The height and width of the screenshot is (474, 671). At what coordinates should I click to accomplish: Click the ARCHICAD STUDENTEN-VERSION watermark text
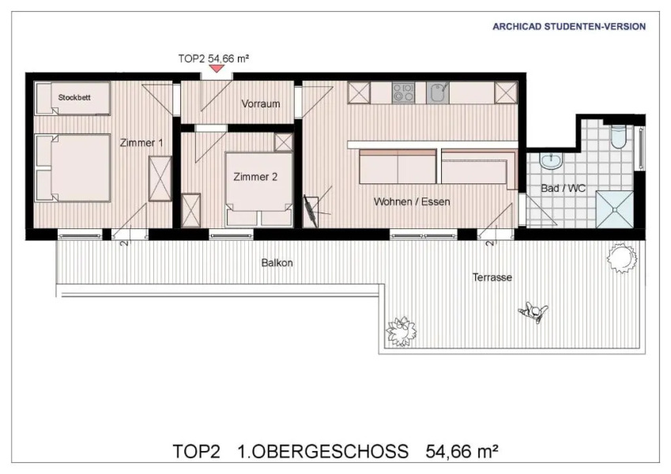pyautogui.click(x=569, y=26)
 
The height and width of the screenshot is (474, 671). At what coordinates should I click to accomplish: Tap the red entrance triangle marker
pyautogui.click(x=216, y=70)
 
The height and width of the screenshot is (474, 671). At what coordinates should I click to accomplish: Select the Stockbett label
pyautogui.click(x=73, y=98)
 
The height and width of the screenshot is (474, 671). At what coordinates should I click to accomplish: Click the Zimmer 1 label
pyautogui.click(x=141, y=143)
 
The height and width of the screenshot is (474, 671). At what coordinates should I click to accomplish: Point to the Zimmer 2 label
pyautogui.click(x=255, y=177)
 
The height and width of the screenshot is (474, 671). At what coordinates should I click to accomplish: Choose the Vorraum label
pyautogui.click(x=261, y=103)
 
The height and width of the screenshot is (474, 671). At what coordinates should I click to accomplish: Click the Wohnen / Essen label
pyautogui.click(x=412, y=201)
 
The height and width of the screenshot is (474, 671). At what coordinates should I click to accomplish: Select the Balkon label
pyautogui.click(x=277, y=263)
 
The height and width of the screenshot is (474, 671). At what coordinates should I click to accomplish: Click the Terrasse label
pyautogui.click(x=492, y=277)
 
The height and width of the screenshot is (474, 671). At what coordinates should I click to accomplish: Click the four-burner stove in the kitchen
pyautogui.click(x=403, y=92)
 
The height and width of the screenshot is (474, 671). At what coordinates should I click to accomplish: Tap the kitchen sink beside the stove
pyautogui.click(x=437, y=92)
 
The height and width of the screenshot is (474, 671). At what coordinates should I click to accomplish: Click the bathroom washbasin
pyautogui.click(x=550, y=161)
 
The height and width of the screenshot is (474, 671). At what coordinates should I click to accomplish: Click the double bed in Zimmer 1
pyautogui.click(x=73, y=167)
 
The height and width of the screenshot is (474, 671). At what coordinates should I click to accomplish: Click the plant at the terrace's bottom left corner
pyautogui.click(x=401, y=330)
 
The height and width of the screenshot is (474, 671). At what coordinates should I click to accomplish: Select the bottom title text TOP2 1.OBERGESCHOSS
pyautogui.click(x=290, y=451)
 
